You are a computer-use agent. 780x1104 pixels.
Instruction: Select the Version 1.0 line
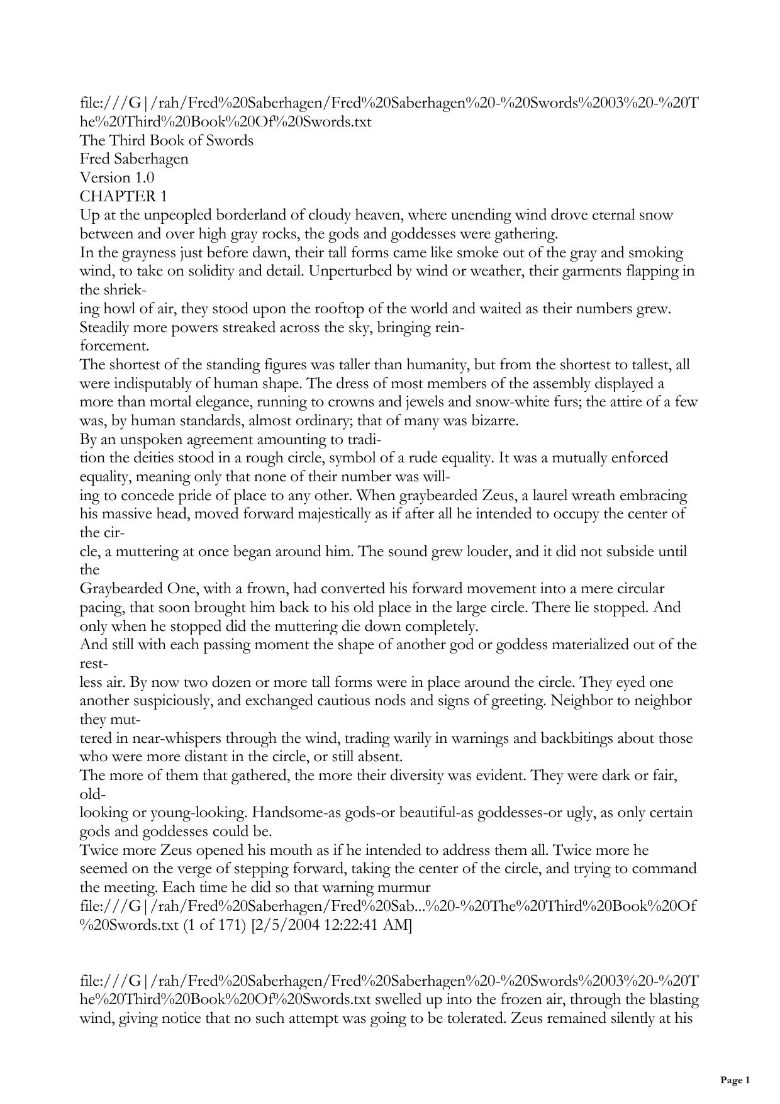(x=117, y=177)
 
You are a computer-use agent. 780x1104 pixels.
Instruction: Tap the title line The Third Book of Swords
(x=167, y=140)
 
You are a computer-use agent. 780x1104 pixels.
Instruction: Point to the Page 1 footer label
(x=735, y=1080)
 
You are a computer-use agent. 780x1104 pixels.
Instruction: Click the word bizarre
(x=495, y=421)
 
